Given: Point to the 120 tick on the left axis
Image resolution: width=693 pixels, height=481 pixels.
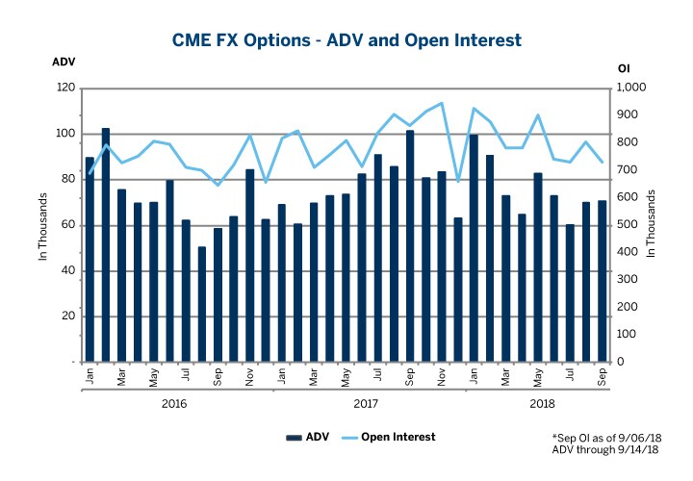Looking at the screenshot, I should tap(64, 88).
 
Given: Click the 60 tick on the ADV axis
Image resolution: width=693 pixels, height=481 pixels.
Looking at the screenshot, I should tap(67, 225).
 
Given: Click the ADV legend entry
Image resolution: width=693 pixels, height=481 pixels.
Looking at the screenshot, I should tap(310, 438).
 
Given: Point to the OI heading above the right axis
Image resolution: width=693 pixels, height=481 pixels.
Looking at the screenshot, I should tap(623, 68).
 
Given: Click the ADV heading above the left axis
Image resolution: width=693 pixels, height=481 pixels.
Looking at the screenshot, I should tap(63, 61).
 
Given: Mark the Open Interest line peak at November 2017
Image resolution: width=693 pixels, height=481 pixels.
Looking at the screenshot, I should tap(441, 103).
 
